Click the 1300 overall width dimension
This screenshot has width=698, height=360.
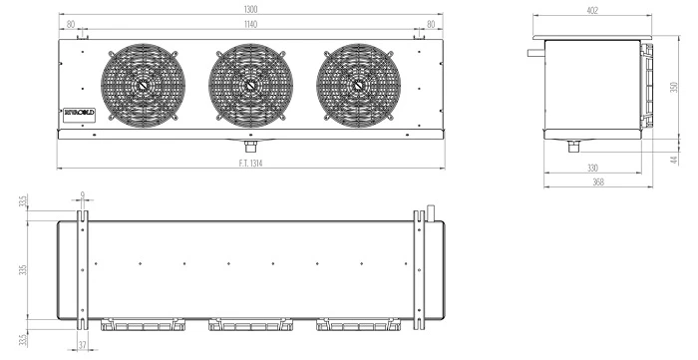pos(250,9)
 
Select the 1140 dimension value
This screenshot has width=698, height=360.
pos(250,24)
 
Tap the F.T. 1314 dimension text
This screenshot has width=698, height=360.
pos(250,164)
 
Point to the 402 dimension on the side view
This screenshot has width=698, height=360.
pos(592,10)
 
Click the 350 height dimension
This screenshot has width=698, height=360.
pos(673,87)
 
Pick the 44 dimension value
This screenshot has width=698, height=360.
pos(674,160)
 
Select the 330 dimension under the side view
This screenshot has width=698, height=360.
pos(592,168)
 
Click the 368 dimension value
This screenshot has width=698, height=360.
pos(598,181)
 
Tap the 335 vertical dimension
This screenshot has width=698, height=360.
pos(23,269)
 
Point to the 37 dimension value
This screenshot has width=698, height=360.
pos(83,345)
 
